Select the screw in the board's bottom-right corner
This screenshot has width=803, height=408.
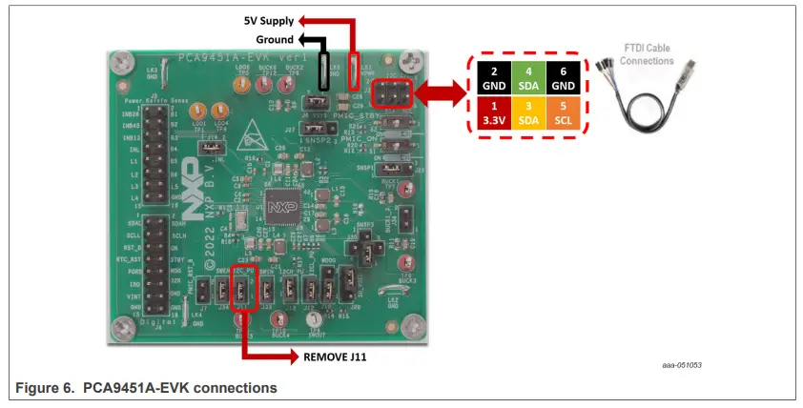(412, 325)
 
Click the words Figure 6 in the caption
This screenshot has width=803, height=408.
(46, 388)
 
